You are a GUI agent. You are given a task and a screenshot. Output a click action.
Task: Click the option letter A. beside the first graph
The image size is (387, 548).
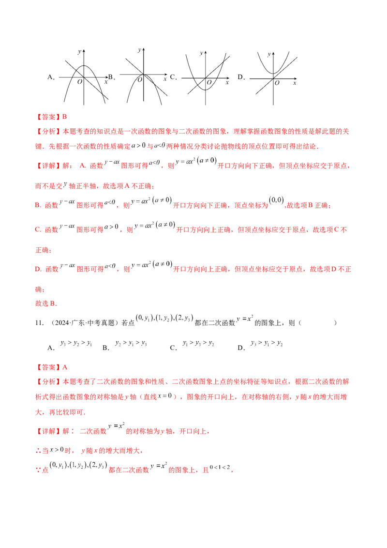tap(51, 77)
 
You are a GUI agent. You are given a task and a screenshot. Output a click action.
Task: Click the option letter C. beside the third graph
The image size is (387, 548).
tap(173, 77)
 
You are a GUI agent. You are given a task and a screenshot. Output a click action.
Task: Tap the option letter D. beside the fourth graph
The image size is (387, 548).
tap(241, 77)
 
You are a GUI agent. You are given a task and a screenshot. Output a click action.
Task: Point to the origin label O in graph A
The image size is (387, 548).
tap(80, 82)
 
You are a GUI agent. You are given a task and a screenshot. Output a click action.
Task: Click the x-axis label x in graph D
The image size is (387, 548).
tap(295, 83)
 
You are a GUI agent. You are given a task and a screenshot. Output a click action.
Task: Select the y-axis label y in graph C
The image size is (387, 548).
tap(201, 53)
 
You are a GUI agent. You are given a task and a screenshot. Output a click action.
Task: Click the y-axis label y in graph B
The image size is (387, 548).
tap(139, 50)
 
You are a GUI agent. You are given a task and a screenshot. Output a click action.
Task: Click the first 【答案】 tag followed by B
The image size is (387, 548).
tap(48, 117)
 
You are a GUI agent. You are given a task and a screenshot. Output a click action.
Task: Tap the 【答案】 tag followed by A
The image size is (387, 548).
tap(48, 367)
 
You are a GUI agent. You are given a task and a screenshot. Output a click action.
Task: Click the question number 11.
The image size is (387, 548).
tap(39, 323)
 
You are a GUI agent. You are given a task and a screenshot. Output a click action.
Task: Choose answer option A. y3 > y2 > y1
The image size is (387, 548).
tap(70, 345)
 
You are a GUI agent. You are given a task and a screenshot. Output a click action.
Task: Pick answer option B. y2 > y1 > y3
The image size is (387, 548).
tap(125, 345)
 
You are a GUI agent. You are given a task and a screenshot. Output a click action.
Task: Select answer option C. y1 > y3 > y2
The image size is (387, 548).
tap(192, 345)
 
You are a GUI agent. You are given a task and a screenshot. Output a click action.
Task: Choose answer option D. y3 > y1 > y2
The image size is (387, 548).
tap(260, 345)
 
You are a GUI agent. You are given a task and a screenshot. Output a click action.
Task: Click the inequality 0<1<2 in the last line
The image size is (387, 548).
tap(220, 467)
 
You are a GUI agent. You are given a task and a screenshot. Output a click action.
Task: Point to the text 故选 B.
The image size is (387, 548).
tap(46, 304)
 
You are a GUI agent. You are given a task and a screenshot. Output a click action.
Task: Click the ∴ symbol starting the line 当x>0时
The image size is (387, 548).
tap(38, 451)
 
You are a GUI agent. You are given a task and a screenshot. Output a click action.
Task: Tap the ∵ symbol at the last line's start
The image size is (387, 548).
tap(38, 470)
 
